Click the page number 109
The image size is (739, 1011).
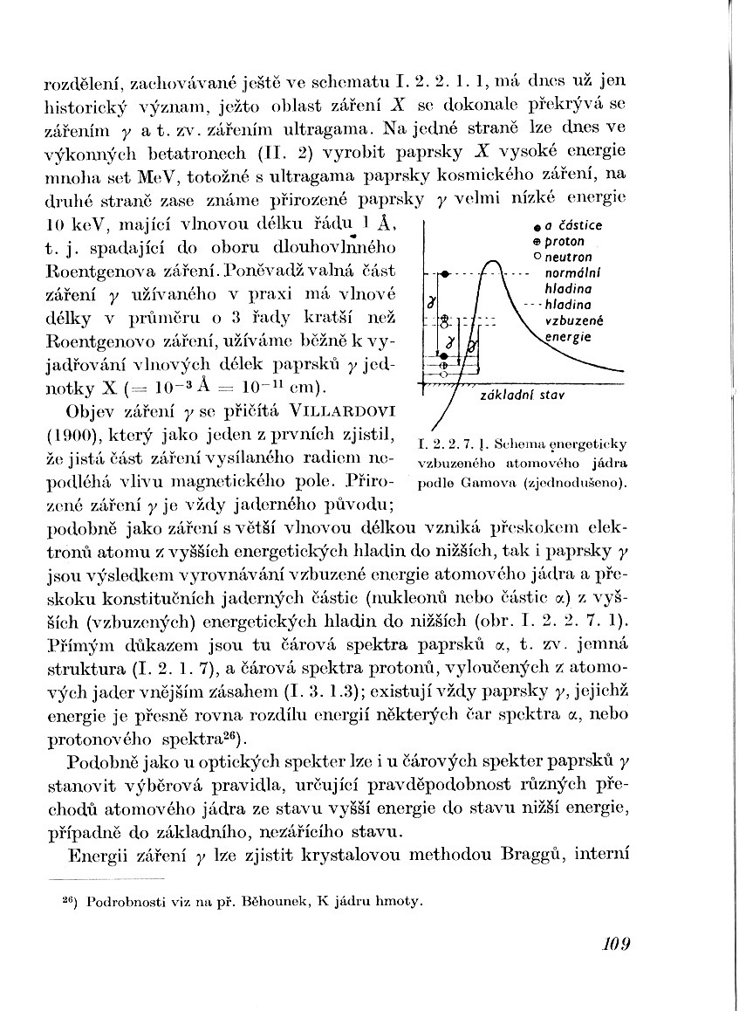tap(615, 943)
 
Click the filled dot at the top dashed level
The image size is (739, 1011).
tap(444, 274)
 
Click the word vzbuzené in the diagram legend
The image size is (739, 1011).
tap(569, 320)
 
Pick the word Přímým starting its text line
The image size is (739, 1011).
tap(73, 644)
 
